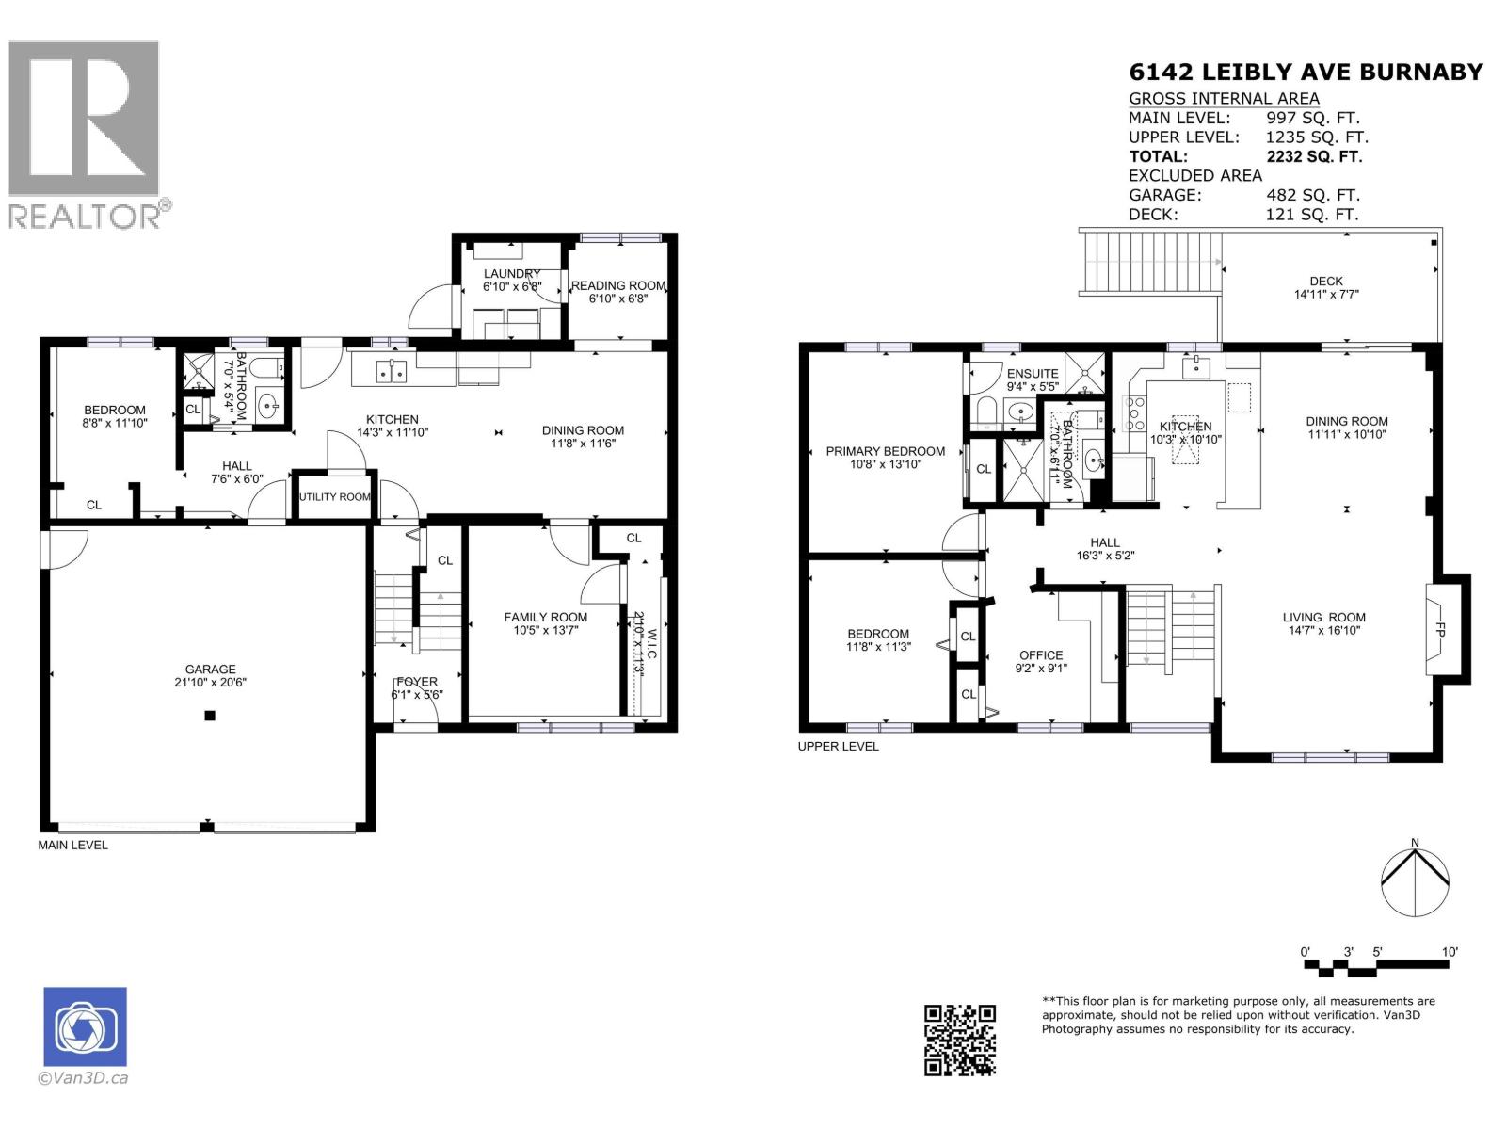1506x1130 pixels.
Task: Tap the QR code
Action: click(959, 1040)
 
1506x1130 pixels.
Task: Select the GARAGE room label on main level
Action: click(210, 670)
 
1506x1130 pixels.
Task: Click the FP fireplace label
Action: click(1440, 630)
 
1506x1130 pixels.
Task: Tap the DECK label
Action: click(1325, 281)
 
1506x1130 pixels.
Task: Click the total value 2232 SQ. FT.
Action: click(1314, 156)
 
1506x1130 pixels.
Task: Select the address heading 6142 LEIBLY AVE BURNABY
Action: click(1306, 72)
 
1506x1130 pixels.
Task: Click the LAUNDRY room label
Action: click(512, 274)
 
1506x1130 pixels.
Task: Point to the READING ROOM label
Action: click(617, 285)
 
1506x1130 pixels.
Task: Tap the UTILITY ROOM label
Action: click(334, 496)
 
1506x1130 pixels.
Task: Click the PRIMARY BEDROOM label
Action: click(885, 451)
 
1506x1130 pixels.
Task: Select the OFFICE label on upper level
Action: click(1041, 655)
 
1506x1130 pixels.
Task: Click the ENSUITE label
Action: click(1033, 374)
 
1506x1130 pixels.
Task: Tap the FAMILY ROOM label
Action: click(545, 618)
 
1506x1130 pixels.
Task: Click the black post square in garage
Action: click(210, 716)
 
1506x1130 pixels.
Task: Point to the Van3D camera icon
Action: click(85, 1026)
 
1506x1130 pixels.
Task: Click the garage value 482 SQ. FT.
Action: click(1312, 195)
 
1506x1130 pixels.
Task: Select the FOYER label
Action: click(416, 682)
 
